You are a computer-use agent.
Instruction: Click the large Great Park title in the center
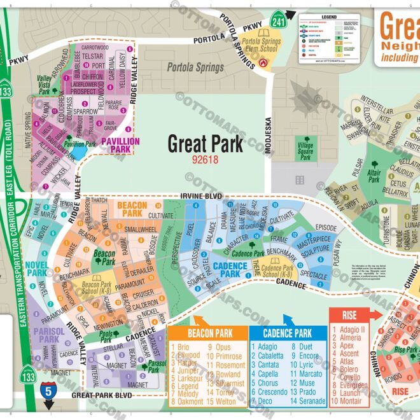point(205,143)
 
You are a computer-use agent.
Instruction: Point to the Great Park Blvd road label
point(101,395)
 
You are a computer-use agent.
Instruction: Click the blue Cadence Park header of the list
point(289,333)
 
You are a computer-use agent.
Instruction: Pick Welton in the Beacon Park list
point(225,402)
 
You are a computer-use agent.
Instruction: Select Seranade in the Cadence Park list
point(312,402)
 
